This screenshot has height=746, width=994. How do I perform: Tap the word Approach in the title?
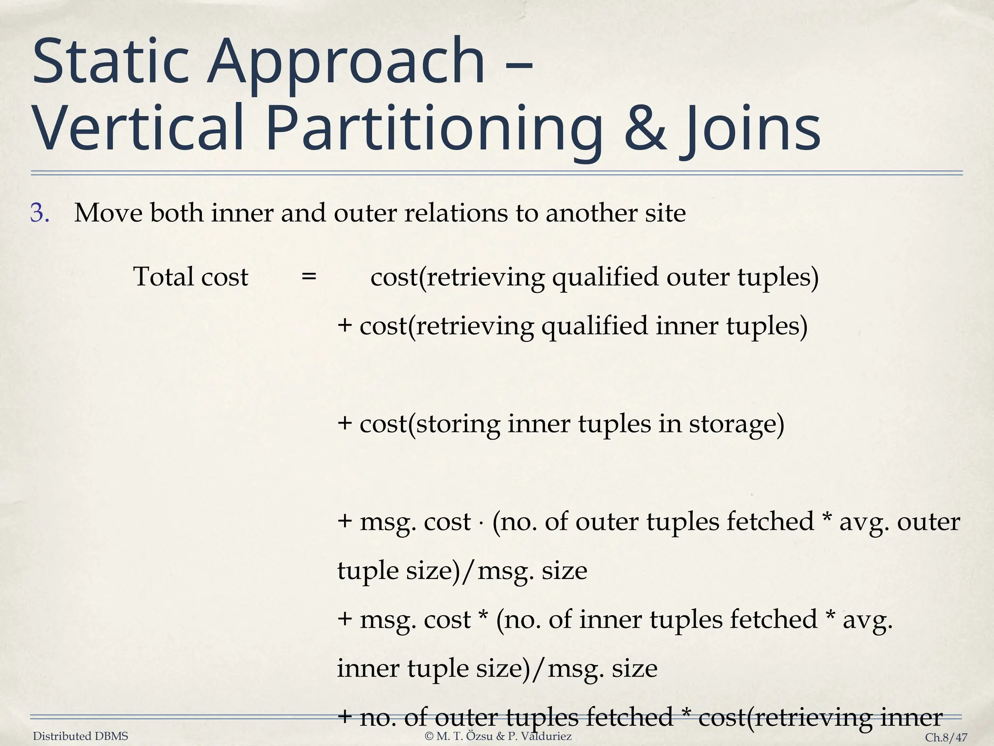point(346,63)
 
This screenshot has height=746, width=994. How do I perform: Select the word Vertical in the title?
point(138,128)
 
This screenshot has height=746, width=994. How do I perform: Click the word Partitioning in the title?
point(433,128)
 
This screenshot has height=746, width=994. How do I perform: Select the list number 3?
point(39,213)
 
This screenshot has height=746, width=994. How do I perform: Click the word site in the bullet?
point(664,213)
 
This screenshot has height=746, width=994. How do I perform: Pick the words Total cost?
point(191,277)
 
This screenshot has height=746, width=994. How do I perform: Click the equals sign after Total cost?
point(309,277)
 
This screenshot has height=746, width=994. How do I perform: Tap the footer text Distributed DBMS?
point(81,736)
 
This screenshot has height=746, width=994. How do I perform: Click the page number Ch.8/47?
point(946,737)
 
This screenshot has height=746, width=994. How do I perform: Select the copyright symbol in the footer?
point(429,736)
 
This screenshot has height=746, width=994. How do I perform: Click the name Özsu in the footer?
point(480,736)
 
